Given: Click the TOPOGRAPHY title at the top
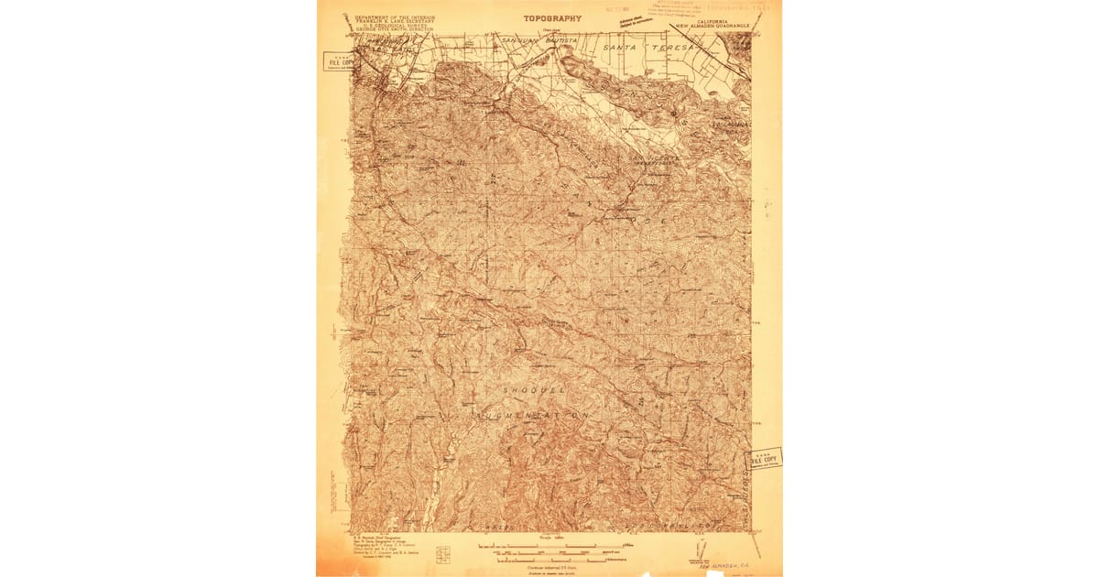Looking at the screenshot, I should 551,18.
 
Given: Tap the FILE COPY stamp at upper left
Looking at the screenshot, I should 339,62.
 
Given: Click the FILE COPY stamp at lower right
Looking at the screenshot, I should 765,458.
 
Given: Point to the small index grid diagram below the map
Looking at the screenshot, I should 443,555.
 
